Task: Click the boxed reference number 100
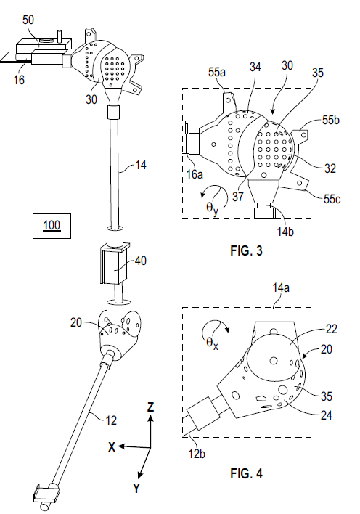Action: pos(52,226)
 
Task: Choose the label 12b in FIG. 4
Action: pos(196,454)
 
